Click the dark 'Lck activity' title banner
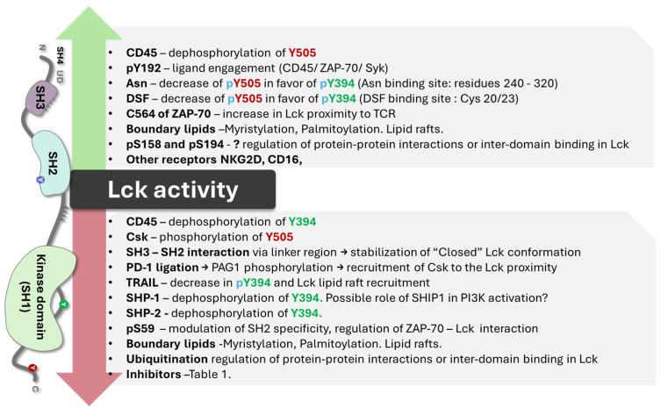(173, 190)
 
